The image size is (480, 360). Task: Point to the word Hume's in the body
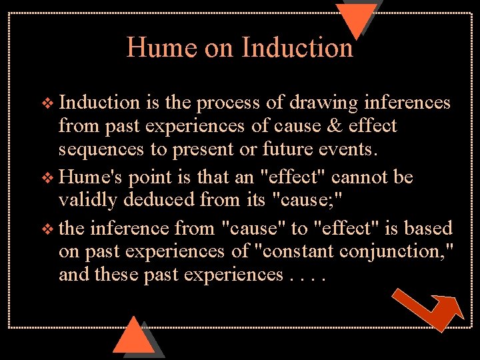click(x=91, y=177)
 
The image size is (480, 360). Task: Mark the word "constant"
click(x=294, y=251)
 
